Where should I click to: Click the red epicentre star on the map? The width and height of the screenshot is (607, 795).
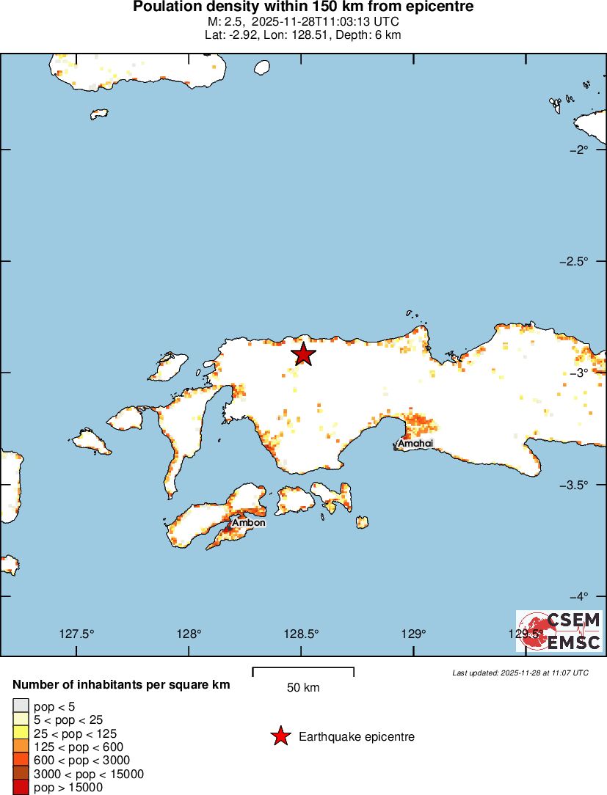point(303,354)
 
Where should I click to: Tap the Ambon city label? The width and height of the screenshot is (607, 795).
point(248,523)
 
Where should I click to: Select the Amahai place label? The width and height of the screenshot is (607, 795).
point(415,444)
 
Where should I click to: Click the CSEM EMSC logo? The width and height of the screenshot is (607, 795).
point(559,631)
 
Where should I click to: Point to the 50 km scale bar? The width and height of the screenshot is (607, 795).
point(303,670)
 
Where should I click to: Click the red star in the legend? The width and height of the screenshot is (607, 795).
point(280,736)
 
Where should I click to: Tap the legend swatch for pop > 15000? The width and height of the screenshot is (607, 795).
point(20,788)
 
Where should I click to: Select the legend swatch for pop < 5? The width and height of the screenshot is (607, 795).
point(20,706)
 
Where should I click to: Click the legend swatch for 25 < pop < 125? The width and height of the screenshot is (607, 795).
point(20,733)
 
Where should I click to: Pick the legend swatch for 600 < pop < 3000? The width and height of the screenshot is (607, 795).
point(20,761)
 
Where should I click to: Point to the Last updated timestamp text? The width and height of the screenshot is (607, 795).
point(520,673)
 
